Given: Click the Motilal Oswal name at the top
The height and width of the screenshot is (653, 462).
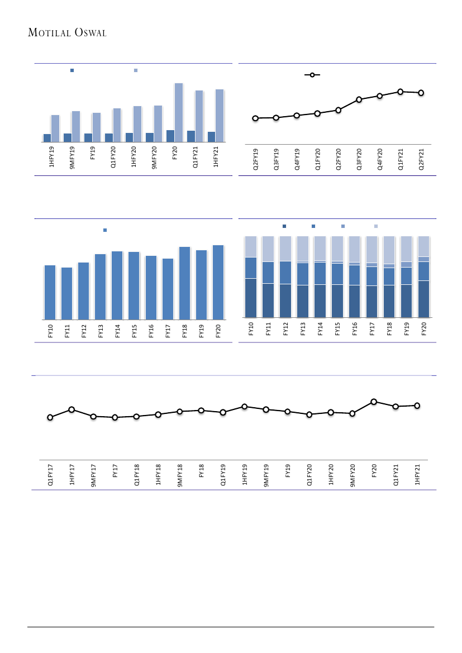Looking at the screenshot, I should tap(68, 33).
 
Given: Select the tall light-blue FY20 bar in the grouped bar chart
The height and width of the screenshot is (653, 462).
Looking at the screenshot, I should tap(179, 112).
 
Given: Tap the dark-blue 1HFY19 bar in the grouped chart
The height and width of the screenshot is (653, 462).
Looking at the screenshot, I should tap(47, 138).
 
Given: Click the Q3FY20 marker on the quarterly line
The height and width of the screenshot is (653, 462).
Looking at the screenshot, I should tap(359, 99).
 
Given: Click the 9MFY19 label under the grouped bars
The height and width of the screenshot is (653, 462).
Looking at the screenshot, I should tap(72, 157).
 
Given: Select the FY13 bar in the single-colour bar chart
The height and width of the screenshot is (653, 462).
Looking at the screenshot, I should tap(101, 287).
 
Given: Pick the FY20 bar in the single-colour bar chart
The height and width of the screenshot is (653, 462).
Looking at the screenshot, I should tap(218, 282).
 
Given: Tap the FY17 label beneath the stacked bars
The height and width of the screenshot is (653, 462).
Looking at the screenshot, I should tap(372, 328).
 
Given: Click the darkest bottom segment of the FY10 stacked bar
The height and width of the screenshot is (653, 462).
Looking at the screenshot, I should tap(251, 298).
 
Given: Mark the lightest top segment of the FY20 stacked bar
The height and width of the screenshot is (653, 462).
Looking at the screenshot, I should tap(424, 246).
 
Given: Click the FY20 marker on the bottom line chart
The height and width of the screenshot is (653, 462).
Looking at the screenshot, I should tap(374, 402).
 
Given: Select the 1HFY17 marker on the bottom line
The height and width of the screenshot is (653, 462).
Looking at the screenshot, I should tap(72, 409).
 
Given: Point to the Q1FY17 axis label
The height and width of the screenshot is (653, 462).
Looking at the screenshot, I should tap(51, 474).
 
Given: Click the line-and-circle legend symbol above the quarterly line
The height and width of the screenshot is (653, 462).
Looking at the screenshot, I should tap(312, 75).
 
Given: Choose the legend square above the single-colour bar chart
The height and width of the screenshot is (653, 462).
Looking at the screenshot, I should tap(104, 230).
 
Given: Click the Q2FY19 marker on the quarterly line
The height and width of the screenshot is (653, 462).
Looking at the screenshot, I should tap(255, 118).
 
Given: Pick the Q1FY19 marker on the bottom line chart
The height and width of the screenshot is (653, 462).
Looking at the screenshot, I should tap(222, 412).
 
